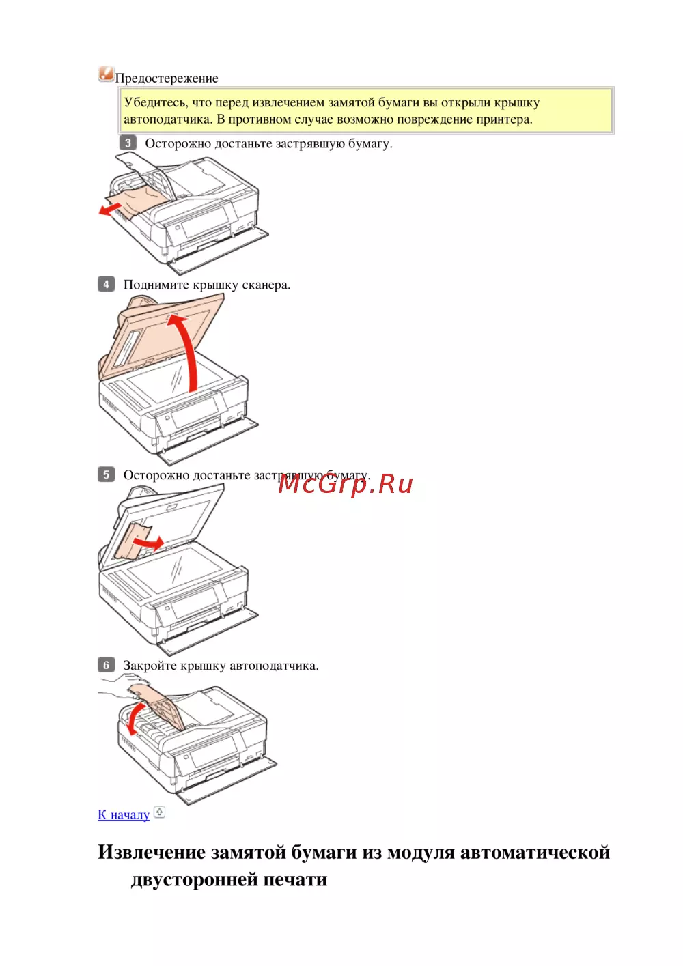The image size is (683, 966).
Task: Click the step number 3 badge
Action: pyautogui.click(x=128, y=143)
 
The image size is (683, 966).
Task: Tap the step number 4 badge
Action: pyautogui.click(x=106, y=284)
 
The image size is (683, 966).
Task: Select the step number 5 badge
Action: pyautogui.click(x=106, y=474)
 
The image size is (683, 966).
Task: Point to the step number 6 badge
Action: pyautogui.click(x=106, y=664)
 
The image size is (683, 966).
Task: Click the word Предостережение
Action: pyautogui.click(x=167, y=79)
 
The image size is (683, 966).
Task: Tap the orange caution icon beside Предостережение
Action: pyautogui.click(x=106, y=74)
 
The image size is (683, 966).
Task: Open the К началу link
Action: pyautogui.click(x=124, y=814)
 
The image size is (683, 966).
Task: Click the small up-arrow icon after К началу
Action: pyautogui.click(x=159, y=812)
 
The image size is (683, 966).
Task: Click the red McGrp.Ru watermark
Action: pyautogui.click(x=345, y=484)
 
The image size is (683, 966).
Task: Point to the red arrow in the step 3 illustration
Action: pyautogui.click(x=111, y=209)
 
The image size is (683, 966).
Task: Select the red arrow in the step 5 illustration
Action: pyautogui.click(x=150, y=543)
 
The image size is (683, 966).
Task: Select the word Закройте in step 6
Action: pyautogui.click(x=150, y=666)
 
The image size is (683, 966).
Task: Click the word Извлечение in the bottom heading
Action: pyautogui.click(x=152, y=853)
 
